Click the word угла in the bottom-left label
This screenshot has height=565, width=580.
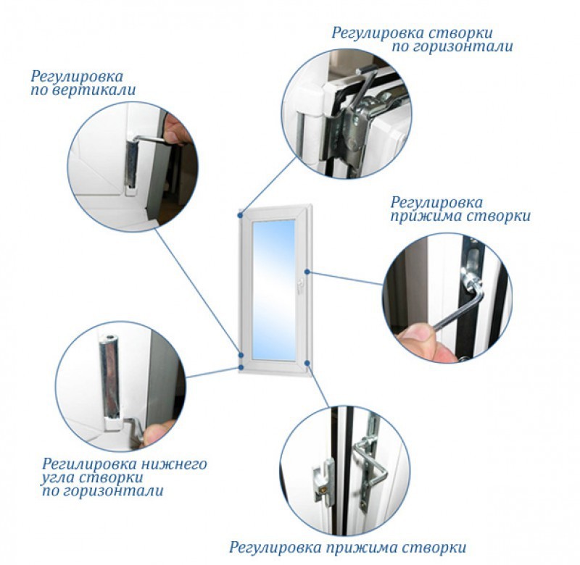[58, 478]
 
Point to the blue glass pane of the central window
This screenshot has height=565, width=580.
[274, 290]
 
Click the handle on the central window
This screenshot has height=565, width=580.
[300, 285]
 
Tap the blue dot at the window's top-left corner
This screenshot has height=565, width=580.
[241, 214]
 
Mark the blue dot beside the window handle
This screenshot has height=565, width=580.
[307, 272]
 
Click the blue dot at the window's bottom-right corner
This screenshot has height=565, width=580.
[307, 363]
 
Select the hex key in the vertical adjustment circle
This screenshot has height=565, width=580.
[150, 139]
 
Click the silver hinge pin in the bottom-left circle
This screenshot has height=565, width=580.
[109, 377]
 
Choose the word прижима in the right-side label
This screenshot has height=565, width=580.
[426, 216]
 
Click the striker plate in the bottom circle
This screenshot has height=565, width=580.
[324, 480]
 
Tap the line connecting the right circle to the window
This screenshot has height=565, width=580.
[346, 278]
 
